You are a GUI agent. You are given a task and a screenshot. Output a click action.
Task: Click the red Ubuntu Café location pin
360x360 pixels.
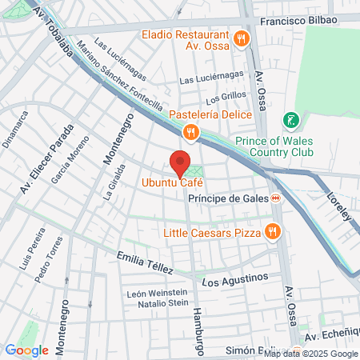[x=181, y=162]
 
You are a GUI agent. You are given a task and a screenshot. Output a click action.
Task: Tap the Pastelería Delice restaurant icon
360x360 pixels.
[x=190, y=132]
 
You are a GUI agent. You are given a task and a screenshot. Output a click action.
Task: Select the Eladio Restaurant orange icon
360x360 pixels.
[x=241, y=38]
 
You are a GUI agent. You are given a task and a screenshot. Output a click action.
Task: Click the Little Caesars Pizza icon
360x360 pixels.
[x=272, y=232]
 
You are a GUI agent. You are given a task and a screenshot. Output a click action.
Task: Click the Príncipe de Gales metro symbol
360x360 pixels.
[x=275, y=198]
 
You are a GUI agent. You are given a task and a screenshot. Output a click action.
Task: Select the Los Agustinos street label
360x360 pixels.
[x=234, y=282]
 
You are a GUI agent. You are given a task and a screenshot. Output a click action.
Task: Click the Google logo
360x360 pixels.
[x=26, y=350]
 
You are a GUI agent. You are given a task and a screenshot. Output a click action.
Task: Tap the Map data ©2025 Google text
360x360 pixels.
[x=311, y=354]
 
